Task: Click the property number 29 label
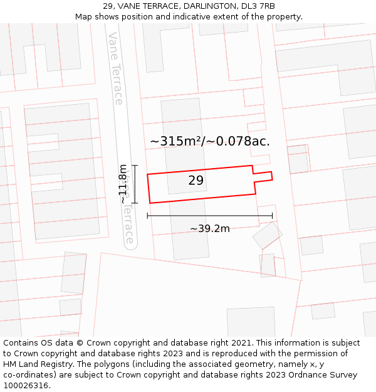point(196,181)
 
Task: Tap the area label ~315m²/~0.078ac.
point(210,141)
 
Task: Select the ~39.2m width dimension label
point(210,228)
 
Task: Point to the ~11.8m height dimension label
point(123,184)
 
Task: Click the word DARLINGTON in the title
point(211,6)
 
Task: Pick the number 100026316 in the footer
point(24,385)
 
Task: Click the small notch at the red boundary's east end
point(263,174)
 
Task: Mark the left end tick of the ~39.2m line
point(147,216)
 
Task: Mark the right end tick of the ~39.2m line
point(272,216)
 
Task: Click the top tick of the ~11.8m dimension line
point(134,166)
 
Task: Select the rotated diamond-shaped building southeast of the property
point(267,235)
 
